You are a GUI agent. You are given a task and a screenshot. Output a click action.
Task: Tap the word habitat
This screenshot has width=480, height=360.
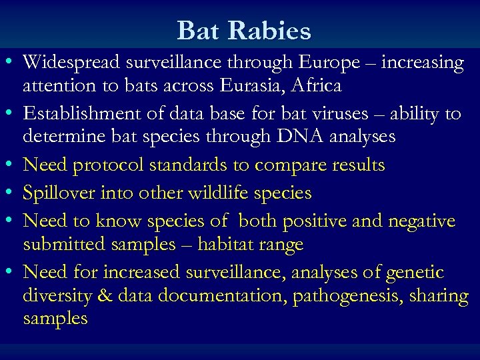(231, 245)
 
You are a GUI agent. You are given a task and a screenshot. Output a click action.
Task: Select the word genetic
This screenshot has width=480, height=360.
(413, 272)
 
